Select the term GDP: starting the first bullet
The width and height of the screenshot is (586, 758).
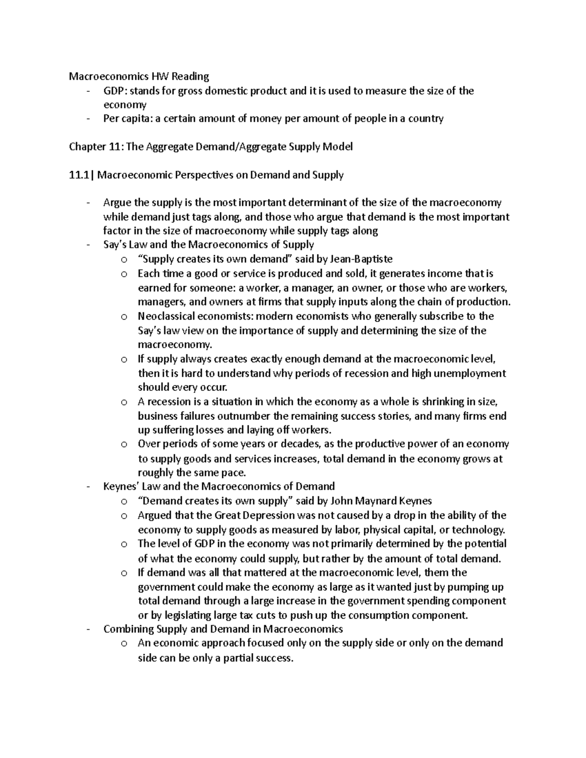115,91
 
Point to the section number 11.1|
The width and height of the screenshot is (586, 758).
82,175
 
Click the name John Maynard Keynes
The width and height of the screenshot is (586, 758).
381,501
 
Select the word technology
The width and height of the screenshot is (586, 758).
478,530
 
